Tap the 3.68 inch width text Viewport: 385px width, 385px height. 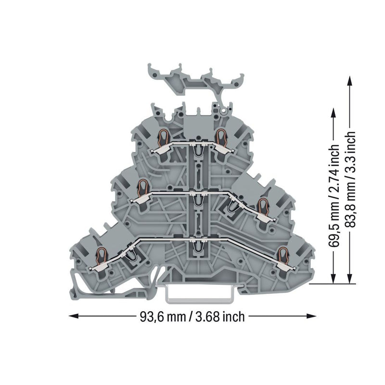220,317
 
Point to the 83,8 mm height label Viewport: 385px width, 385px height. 350,208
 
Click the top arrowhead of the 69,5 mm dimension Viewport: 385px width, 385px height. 333,114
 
